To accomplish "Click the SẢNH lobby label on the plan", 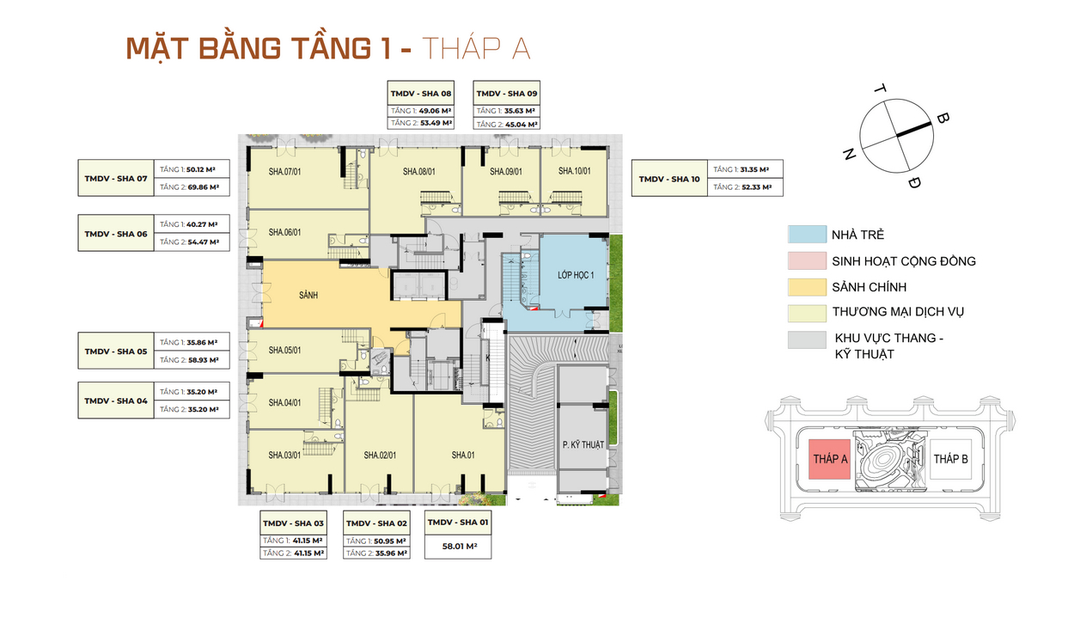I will (x=308, y=295).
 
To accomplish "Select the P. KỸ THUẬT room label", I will (x=583, y=444).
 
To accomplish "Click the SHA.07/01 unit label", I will (x=284, y=172).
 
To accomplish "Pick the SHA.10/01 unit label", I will (x=574, y=172).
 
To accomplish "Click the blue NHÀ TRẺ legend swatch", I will (x=804, y=235).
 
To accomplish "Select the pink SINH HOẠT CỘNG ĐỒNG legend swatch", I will (x=804, y=260).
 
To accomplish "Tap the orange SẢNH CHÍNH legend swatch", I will (x=804, y=286).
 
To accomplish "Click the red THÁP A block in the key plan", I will (x=830, y=459).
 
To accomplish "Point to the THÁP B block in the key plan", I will (x=950, y=459).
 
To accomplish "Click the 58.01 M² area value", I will (x=459, y=546).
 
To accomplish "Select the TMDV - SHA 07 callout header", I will (x=116, y=179).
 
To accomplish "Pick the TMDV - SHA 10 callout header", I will (x=669, y=179).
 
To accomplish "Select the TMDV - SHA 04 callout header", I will (x=116, y=401).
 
